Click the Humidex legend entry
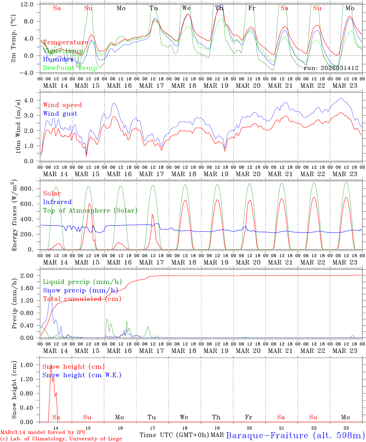[58, 60]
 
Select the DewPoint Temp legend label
[70, 68]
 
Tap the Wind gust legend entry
[60, 114]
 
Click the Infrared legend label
[57, 202]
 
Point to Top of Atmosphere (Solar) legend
[90, 211]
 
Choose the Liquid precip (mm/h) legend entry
[82, 282]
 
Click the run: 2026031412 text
[331, 68]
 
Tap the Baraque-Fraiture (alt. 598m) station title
[295, 435]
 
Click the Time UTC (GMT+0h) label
[174, 435]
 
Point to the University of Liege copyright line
[61, 439]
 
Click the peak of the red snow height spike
[51, 366]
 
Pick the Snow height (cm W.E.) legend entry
[82, 375]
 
